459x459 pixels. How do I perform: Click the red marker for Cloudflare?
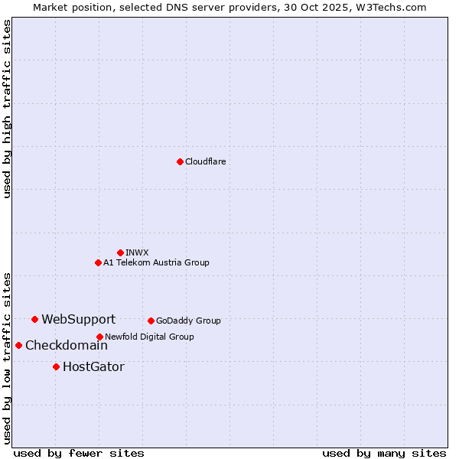pos(180,161)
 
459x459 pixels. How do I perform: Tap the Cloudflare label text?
pos(205,161)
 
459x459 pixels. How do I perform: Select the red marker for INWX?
pos(120,252)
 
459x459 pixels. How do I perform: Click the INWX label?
pos(137,252)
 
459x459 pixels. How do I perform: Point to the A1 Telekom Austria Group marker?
pos(98,262)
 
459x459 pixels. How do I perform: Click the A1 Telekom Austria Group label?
pos(156,262)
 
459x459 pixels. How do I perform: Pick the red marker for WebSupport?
pos(34,319)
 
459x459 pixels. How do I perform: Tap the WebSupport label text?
pos(78,320)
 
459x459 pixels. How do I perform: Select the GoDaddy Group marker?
pos(151,321)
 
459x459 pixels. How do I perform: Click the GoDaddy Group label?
pos(188,321)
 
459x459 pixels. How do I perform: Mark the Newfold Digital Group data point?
pos(99,337)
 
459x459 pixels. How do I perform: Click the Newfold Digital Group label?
pos(149,337)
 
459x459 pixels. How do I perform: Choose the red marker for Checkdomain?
pos(18,345)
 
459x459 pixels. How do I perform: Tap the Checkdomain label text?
pos(66,346)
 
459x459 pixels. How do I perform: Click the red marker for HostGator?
pos(56,366)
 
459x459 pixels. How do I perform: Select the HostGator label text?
pos(93,367)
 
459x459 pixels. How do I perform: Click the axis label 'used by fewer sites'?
pos(79,453)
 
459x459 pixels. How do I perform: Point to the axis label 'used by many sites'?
pos(384,453)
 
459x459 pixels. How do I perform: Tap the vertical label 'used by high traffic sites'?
pos(7,109)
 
